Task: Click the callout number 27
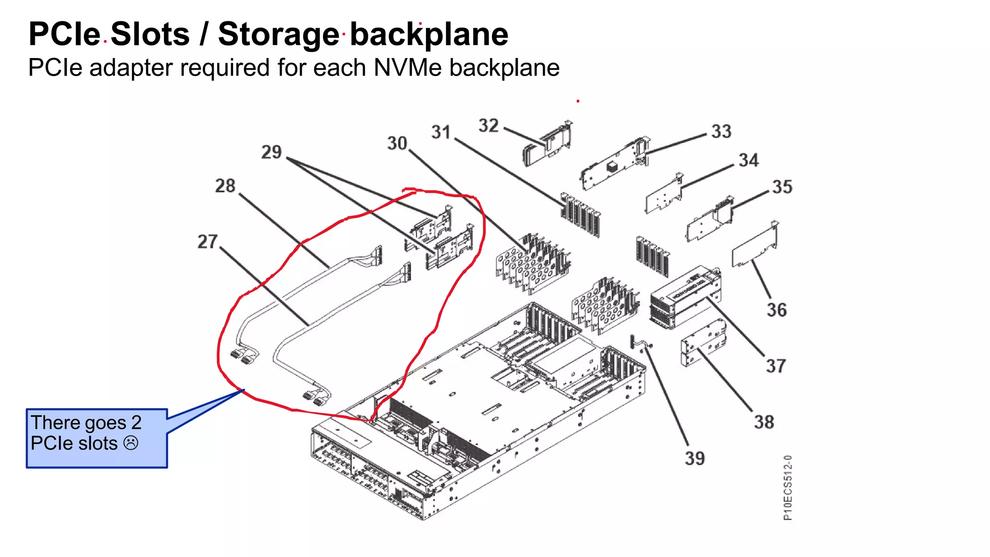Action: (207, 241)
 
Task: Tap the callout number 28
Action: (225, 186)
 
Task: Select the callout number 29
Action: (271, 152)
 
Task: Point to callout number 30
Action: (397, 143)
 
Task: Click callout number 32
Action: (488, 126)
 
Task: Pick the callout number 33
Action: (721, 132)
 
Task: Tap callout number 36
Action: (776, 310)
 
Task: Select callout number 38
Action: (764, 422)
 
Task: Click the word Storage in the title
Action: (278, 34)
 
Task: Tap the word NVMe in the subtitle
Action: (408, 68)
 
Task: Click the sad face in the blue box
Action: (131, 443)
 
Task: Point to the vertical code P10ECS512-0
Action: (787, 487)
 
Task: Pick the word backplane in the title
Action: (429, 34)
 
